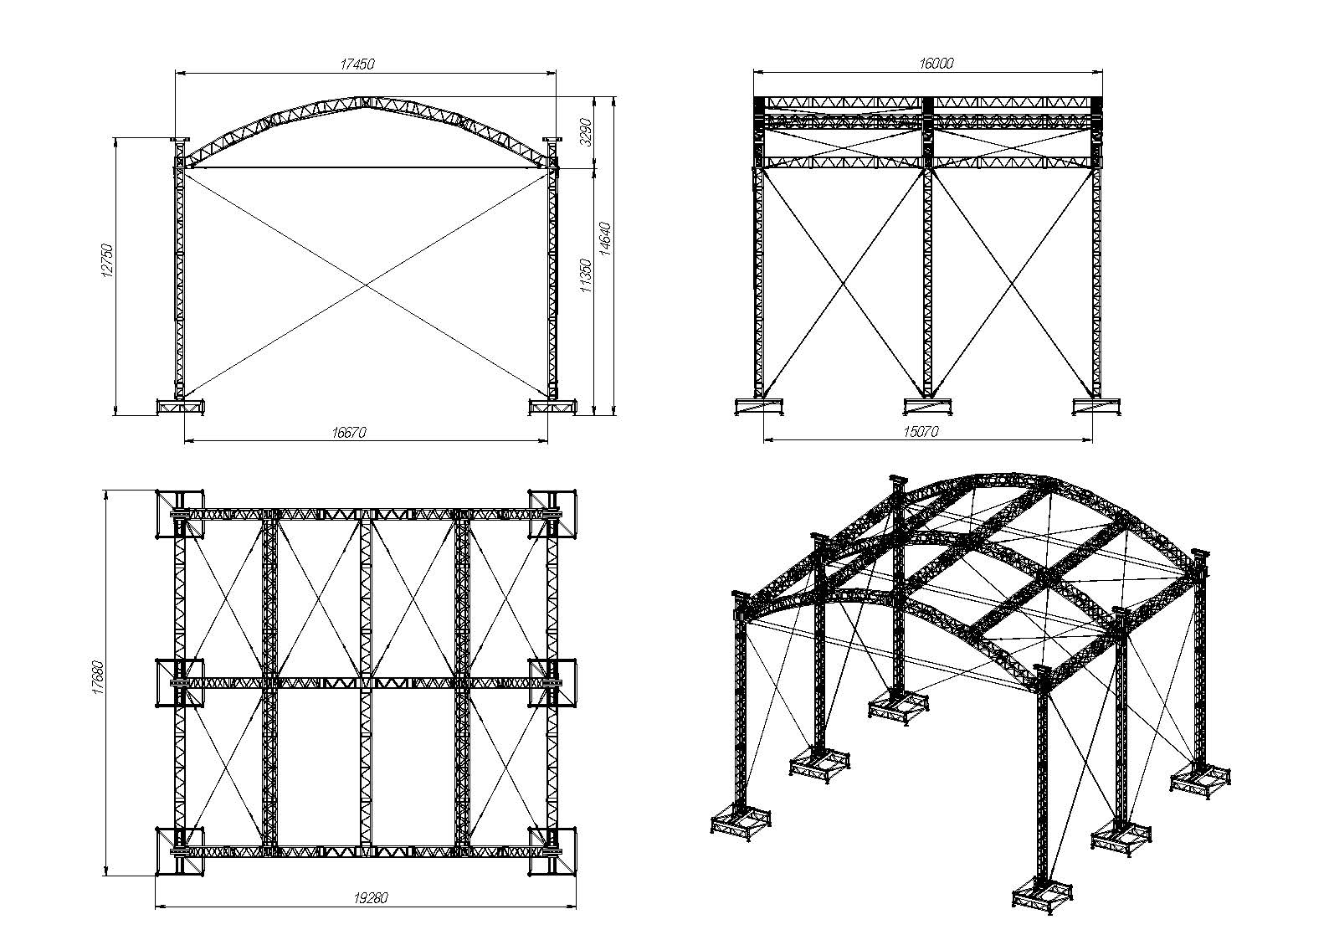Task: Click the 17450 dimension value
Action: [x=357, y=64]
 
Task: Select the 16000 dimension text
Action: [x=936, y=64]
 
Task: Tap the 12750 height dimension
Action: [x=107, y=260]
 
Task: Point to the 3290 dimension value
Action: [x=586, y=131]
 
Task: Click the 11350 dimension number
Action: [x=586, y=275]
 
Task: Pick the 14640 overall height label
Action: [x=604, y=239]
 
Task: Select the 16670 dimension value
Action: [x=349, y=433]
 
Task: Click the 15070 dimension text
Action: [x=921, y=432]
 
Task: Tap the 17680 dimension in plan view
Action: [x=99, y=678]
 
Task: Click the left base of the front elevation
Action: [x=181, y=407]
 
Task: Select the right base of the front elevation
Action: [x=552, y=407]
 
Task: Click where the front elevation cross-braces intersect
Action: [x=366, y=285]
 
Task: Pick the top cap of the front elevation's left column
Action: [x=179, y=140]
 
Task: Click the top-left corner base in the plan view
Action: [x=180, y=514]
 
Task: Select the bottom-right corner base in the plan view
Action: [x=552, y=851]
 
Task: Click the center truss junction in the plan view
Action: [x=366, y=682]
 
